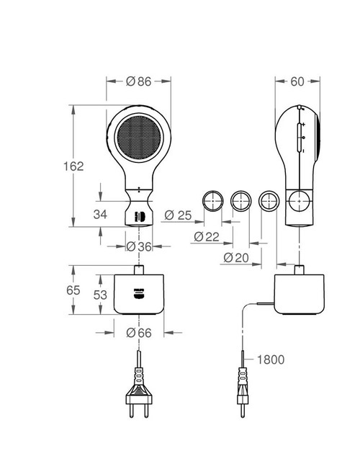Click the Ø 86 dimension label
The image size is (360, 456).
[x=138, y=82]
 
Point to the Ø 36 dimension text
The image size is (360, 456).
[x=139, y=246]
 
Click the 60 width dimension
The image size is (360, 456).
[x=296, y=82]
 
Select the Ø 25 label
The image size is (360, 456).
[x=178, y=215]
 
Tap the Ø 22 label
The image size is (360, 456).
[x=207, y=236]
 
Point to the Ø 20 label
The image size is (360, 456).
[x=237, y=257]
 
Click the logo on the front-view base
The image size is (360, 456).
[x=138, y=292]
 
